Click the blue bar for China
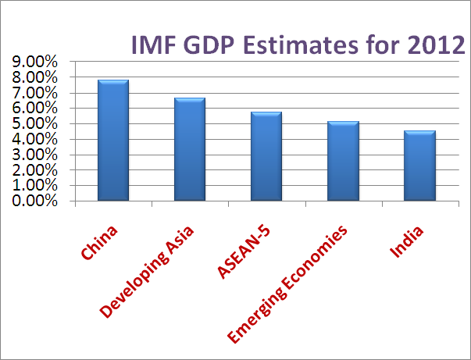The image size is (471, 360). (113, 141)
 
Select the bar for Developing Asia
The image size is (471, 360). (190, 149)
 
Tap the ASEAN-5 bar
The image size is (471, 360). (266, 156)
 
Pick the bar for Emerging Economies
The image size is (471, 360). (344, 161)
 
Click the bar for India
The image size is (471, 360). (419, 166)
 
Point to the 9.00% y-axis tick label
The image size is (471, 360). (34, 62)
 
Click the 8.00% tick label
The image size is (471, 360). (34, 77)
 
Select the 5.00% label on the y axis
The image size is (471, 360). (34, 123)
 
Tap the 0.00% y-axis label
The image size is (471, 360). (34, 201)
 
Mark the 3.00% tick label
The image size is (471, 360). (34, 155)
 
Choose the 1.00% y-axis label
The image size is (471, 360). (34, 185)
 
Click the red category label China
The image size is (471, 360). (99, 242)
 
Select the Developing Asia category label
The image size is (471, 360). (147, 272)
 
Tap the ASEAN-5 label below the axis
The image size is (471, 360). (244, 252)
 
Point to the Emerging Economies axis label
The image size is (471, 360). (287, 283)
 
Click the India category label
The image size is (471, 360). (406, 242)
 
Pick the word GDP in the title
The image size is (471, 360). (209, 45)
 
